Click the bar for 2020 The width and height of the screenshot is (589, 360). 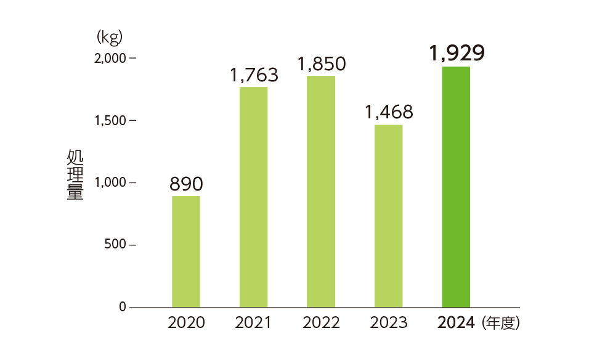(185, 252)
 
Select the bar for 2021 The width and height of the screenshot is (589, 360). (253, 197)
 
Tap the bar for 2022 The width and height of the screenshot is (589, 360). (321, 191)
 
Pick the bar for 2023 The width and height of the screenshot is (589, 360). (388, 216)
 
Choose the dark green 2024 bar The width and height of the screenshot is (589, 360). (456, 187)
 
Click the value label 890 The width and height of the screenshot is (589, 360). (186, 184)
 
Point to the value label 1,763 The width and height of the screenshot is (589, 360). (254, 75)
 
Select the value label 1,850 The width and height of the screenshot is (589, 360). (321, 64)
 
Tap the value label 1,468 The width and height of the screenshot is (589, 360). (389, 113)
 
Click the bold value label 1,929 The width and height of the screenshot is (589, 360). (457, 53)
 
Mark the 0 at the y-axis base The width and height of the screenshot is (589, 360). (123, 307)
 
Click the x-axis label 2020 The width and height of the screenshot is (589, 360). (186, 322)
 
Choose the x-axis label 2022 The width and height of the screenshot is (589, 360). (321, 322)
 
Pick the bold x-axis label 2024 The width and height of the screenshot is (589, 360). (456, 322)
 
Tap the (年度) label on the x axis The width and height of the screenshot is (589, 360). (502, 322)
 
